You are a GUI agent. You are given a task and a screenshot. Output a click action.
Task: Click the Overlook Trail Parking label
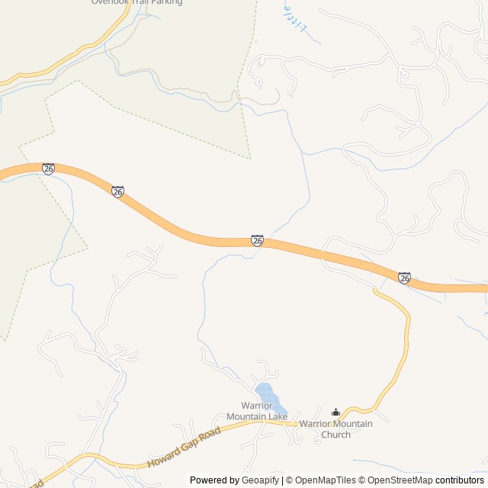click(x=136, y=2)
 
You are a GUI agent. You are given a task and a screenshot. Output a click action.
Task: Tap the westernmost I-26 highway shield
click(x=48, y=169)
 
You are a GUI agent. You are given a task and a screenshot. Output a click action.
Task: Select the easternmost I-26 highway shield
click(x=404, y=278)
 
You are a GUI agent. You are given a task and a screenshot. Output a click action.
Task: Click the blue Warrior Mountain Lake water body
click(x=267, y=395)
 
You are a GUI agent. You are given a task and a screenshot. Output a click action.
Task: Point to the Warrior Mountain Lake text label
click(x=257, y=411)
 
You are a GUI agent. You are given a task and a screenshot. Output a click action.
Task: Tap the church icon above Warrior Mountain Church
click(x=335, y=413)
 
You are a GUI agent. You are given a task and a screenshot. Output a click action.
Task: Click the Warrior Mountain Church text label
click(x=335, y=429)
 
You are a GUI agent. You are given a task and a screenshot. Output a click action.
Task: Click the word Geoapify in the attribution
click(x=261, y=480)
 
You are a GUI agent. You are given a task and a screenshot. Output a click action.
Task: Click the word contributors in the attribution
click(x=460, y=480)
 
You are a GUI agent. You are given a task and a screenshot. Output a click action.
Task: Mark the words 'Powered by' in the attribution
click(x=214, y=480)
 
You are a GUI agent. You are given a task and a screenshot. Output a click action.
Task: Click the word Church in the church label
click(x=335, y=435)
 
